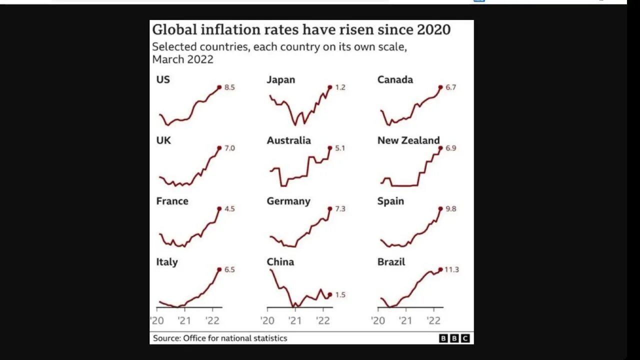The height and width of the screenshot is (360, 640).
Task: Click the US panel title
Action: click(x=163, y=79)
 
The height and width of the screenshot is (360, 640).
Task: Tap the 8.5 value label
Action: click(x=229, y=87)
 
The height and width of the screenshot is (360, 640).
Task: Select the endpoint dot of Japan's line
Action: click(x=330, y=87)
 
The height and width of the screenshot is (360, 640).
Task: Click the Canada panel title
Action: click(x=395, y=79)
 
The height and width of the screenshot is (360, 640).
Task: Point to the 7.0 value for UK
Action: click(x=229, y=148)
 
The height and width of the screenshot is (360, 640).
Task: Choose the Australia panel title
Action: click(x=288, y=140)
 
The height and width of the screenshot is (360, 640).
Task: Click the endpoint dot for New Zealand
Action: click(x=440, y=148)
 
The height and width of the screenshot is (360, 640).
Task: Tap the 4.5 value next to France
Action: click(x=229, y=209)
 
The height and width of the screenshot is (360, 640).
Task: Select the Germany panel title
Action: click(x=288, y=201)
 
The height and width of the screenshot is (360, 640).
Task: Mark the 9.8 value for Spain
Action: click(x=450, y=209)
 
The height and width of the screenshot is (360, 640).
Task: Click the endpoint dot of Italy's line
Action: click(x=219, y=269)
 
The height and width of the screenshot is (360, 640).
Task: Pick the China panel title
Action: click(x=280, y=262)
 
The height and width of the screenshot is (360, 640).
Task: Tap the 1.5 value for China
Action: click(x=340, y=295)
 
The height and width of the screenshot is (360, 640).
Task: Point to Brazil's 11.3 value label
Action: click(x=451, y=270)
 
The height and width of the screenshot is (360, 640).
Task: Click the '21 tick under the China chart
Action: click(x=295, y=320)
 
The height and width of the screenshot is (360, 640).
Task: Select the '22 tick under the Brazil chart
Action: click(x=433, y=320)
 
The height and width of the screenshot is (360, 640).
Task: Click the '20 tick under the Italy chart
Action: click(x=157, y=320)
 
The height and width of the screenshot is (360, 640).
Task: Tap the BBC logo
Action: click(x=454, y=338)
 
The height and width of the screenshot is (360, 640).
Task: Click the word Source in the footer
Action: click(x=166, y=338)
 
